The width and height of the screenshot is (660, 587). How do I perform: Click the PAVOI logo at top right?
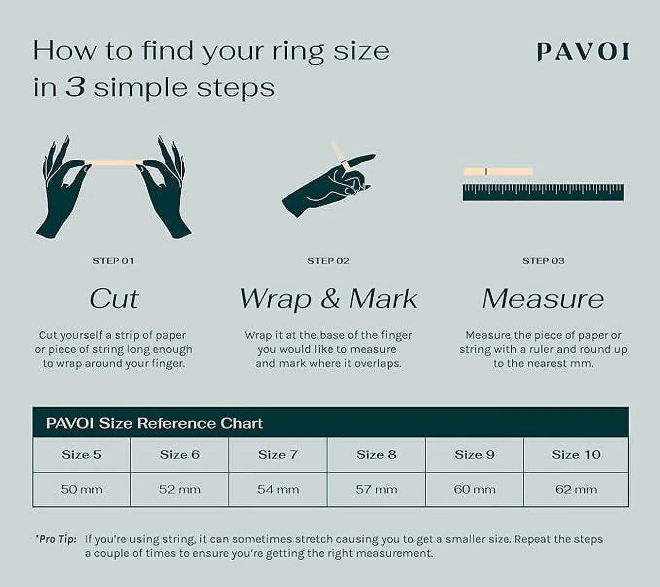(x=583, y=52)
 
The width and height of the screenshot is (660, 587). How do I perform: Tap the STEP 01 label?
(x=113, y=261)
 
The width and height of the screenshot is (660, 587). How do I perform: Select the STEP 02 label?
(x=328, y=261)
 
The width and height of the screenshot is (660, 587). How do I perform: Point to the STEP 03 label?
(x=543, y=261)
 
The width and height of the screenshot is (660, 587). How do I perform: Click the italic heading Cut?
(x=114, y=299)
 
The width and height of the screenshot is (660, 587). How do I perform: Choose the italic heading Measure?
(x=543, y=299)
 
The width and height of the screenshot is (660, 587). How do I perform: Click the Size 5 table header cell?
(x=82, y=454)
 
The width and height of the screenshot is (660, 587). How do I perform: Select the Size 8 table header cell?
(x=376, y=454)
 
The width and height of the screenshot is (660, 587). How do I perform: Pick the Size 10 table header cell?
(x=576, y=454)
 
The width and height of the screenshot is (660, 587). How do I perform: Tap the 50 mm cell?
(x=82, y=489)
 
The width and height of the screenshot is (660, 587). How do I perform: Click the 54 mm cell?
(x=278, y=489)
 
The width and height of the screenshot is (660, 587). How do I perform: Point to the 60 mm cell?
(x=474, y=489)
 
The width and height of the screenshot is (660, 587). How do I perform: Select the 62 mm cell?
(x=576, y=489)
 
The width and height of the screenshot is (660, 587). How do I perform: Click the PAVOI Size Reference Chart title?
(x=155, y=423)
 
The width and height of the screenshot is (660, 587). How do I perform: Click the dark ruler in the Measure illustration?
(x=543, y=192)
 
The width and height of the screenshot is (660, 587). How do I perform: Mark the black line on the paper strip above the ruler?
(x=486, y=172)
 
